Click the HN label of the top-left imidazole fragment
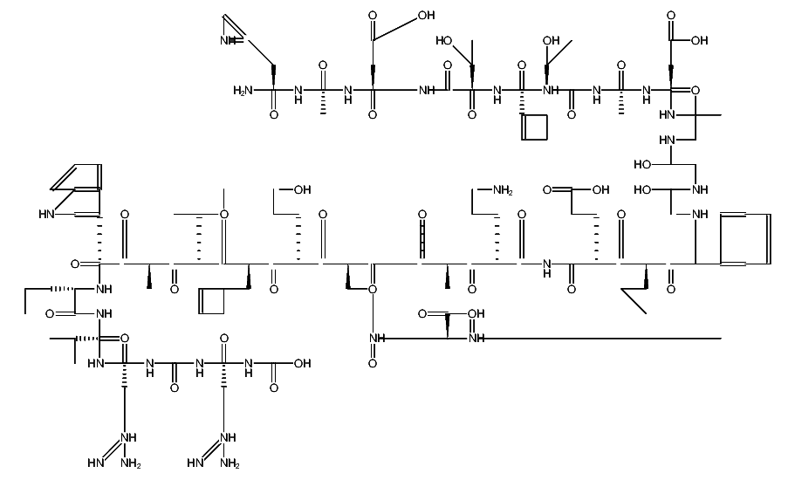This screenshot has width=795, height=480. [x=229, y=40]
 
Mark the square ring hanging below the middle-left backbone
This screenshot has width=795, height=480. [x=213, y=301]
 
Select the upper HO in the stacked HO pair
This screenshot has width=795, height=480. [x=646, y=164]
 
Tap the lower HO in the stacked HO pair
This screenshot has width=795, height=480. [x=646, y=189]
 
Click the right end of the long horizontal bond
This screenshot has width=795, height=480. [x=721, y=337]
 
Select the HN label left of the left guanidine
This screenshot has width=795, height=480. [x=97, y=463]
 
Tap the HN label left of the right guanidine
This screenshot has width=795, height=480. [x=195, y=463]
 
